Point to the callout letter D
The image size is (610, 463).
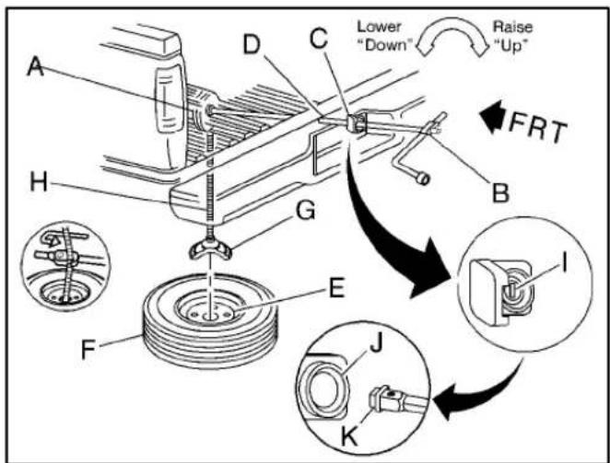[252, 44]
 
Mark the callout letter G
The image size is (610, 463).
[305, 212]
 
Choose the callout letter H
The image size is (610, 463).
[39, 181]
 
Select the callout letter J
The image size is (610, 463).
[376, 344]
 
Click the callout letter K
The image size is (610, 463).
[349, 436]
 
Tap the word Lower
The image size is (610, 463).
[379, 27]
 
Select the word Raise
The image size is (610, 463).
[512, 27]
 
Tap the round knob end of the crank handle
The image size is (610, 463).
[423, 179]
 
